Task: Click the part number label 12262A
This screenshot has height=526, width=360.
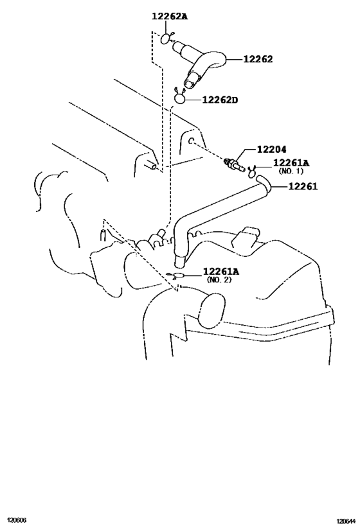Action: [170, 16]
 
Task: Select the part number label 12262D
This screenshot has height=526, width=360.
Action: [220, 100]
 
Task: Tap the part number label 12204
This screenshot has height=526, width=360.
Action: [272, 149]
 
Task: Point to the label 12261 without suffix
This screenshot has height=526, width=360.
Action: [303, 186]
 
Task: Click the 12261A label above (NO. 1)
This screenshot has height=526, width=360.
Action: [291, 162]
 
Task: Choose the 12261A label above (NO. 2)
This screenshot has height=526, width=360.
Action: [221, 271]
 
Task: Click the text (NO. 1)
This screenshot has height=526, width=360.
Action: [291, 171]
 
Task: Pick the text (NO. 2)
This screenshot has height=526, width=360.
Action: [219, 279]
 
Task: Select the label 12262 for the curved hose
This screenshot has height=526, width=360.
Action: [258, 59]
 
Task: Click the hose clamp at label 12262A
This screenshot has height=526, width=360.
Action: [166, 38]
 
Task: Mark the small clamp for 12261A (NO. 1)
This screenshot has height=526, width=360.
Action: [252, 171]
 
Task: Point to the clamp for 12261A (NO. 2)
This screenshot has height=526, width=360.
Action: [177, 276]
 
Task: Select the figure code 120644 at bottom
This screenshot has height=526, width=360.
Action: [346, 521]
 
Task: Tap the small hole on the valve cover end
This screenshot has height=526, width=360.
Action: [191, 141]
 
